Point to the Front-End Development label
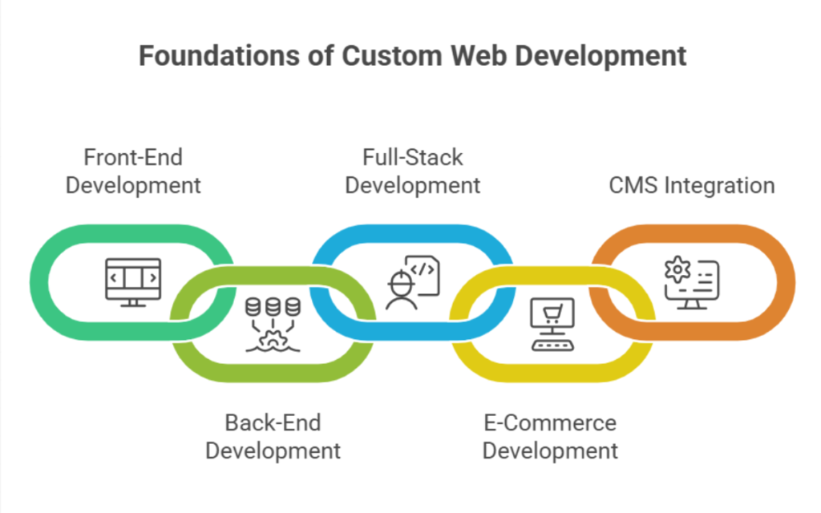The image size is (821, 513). (133, 171)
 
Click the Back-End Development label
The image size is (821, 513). (273, 436)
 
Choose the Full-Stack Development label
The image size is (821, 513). (412, 171)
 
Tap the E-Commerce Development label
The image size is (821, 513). (550, 436)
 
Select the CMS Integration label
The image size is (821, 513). (691, 186)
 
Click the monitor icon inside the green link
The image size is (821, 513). (133, 281)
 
